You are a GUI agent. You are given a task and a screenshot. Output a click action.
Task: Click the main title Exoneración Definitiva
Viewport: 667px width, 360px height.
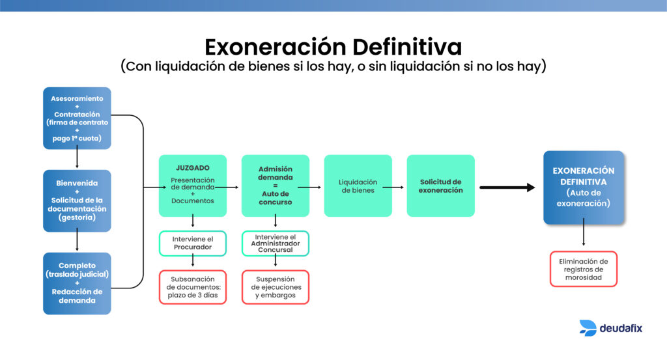pyautogui.click(x=333, y=47)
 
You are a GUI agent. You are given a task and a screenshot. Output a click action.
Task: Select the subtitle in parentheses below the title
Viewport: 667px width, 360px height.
pyautogui.click(x=333, y=67)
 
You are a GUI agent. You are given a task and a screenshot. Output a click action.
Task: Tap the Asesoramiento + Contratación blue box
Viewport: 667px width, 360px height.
pyautogui.click(x=77, y=118)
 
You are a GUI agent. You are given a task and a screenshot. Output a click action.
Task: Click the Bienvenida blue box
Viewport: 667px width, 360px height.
pyautogui.click(x=77, y=201)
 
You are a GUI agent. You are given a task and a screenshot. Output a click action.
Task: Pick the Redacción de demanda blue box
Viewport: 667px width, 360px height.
pyautogui.click(x=77, y=283)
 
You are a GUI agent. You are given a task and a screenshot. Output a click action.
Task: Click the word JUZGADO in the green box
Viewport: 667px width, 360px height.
pyautogui.click(x=192, y=167)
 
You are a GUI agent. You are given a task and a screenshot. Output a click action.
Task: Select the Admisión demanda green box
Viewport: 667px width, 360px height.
pyautogui.click(x=275, y=186)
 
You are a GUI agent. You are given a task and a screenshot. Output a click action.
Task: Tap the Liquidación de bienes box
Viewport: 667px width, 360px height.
pyautogui.click(x=358, y=186)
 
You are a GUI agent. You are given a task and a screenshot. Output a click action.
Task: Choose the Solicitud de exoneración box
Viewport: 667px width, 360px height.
pyautogui.click(x=440, y=186)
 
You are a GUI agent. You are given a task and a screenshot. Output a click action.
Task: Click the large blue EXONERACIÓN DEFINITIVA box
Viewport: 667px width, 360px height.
pyautogui.click(x=584, y=187)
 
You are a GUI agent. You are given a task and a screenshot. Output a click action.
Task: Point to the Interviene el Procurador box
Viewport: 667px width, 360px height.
pyautogui.click(x=192, y=243)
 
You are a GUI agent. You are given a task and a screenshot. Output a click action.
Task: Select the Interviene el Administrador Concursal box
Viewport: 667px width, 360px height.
pyautogui.click(x=275, y=243)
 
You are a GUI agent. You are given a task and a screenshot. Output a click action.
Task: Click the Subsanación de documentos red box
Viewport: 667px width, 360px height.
pyautogui.click(x=192, y=287)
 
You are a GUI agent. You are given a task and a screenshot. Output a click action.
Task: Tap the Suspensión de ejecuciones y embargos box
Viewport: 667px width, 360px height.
pyautogui.click(x=275, y=287)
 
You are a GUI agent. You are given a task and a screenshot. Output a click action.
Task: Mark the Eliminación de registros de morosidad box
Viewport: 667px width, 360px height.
pyautogui.click(x=583, y=269)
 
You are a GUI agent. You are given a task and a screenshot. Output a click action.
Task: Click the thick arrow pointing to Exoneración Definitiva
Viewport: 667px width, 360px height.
pyautogui.click(x=507, y=187)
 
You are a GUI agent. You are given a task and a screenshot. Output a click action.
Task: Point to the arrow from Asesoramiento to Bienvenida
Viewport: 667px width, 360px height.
pyautogui.click(x=77, y=159)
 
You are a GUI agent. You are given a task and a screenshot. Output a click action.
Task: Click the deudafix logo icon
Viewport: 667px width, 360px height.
pyautogui.click(x=588, y=328)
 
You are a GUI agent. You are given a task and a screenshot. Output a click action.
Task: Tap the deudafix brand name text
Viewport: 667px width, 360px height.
pyautogui.click(x=621, y=328)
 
